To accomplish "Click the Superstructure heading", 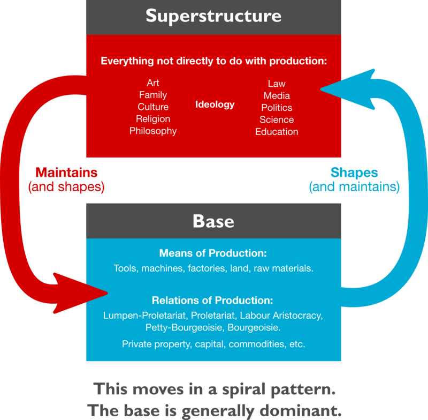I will click(x=213, y=16).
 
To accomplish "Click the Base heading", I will click(x=213, y=221).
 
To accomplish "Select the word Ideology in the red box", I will click(x=215, y=104).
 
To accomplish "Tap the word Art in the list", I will click(x=153, y=83).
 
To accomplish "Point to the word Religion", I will click(x=153, y=119).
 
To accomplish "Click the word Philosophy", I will click(x=153, y=131).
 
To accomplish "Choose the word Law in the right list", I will click(x=277, y=84).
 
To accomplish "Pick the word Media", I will click(x=277, y=96).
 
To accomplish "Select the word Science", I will click(x=277, y=119).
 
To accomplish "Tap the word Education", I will click(x=277, y=132).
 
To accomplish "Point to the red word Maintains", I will click(x=66, y=172).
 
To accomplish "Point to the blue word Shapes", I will click(x=354, y=172).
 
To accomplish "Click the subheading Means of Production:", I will click(x=213, y=253).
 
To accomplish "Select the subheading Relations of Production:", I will click(x=212, y=300).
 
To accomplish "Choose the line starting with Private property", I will click(x=213, y=344).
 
